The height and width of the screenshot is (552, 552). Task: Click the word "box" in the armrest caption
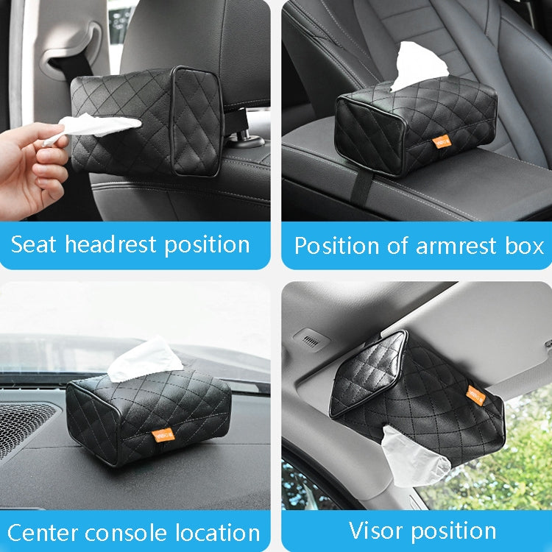(x=526, y=246)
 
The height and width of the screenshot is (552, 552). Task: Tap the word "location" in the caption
(x=220, y=532)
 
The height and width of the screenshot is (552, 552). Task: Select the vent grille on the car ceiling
(x=313, y=339)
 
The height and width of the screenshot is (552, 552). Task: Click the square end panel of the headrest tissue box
(x=195, y=121)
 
